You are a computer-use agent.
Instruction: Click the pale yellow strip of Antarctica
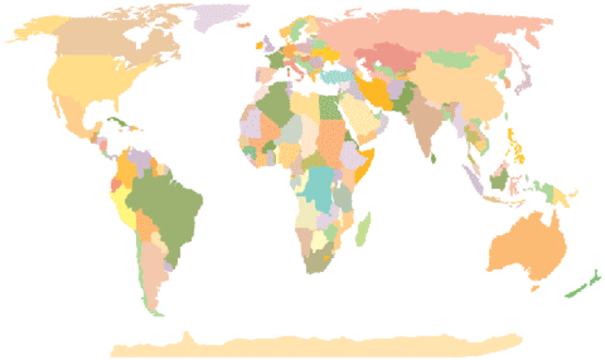(x=312, y=344)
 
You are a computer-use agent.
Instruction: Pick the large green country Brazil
(x=170, y=203)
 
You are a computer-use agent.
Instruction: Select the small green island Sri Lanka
(x=434, y=158)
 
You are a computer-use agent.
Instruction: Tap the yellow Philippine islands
(x=516, y=147)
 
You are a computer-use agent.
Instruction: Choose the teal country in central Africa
(x=322, y=185)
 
